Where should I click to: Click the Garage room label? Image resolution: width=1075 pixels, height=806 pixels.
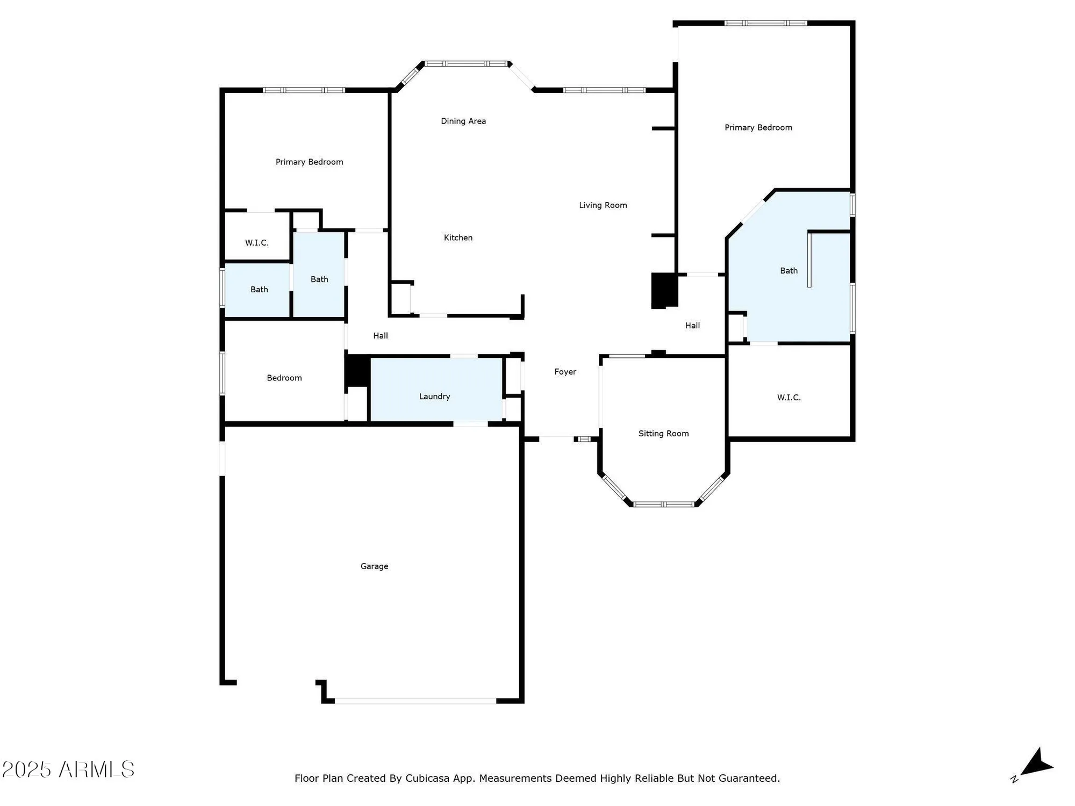[x=374, y=566]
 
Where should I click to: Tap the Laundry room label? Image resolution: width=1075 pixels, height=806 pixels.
[x=434, y=397]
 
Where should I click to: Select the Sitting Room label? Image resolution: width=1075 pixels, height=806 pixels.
[x=663, y=434]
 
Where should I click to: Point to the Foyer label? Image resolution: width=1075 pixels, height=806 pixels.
[x=565, y=372]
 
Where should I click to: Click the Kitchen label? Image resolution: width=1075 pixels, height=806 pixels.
[x=458, y=238]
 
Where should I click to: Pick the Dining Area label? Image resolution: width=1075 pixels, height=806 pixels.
[x=463, y=121]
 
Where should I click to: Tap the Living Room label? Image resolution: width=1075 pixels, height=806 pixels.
[x=603, y=205]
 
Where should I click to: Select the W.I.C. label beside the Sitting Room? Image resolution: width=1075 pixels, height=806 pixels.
[x=789, y=398]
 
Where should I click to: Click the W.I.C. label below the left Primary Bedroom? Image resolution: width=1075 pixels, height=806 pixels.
[x=257, y=243]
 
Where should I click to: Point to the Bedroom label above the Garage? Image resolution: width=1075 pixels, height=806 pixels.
[x=284, y=378]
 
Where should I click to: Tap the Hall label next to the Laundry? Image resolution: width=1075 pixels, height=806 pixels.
[x=381, y=336]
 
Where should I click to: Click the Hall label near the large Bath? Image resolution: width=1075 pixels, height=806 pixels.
[x=692, y=326]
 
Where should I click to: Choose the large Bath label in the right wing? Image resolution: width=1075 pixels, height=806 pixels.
[x=789, y=271]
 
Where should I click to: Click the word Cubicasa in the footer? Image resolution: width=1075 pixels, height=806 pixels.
[x=427, y=778]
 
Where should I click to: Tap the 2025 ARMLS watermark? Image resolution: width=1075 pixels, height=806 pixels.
[x=68, y=769]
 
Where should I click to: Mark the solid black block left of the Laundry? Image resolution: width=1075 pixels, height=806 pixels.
[x=357, y=371]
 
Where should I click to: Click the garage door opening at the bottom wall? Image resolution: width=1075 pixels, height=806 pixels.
[x=415, y=701]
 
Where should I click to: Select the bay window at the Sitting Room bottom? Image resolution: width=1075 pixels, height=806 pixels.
[x=664, y=504]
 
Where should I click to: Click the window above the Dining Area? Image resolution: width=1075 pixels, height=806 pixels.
[x=466, y=63]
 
